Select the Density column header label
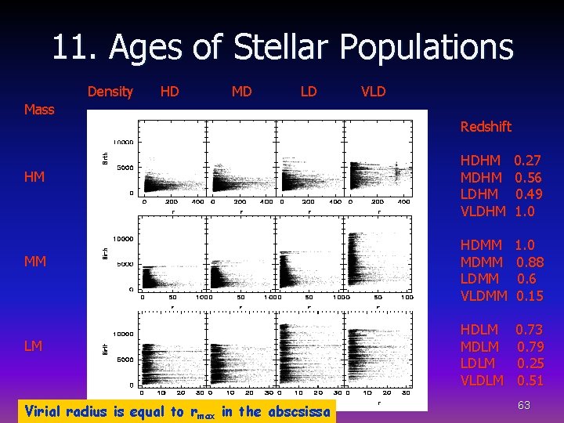(110, 92)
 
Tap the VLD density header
(373, 92)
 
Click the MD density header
(241, 92)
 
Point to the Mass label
(39, 110)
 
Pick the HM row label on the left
(34, 177)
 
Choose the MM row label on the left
(34, 261)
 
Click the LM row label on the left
(34, 345)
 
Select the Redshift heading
(486, 127)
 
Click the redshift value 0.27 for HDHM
(527, 161)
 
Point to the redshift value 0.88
(530, 262)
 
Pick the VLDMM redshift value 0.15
(530, 296)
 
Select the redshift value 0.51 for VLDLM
(530, 381)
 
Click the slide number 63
(524, 404)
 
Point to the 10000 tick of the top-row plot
(122, 143)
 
